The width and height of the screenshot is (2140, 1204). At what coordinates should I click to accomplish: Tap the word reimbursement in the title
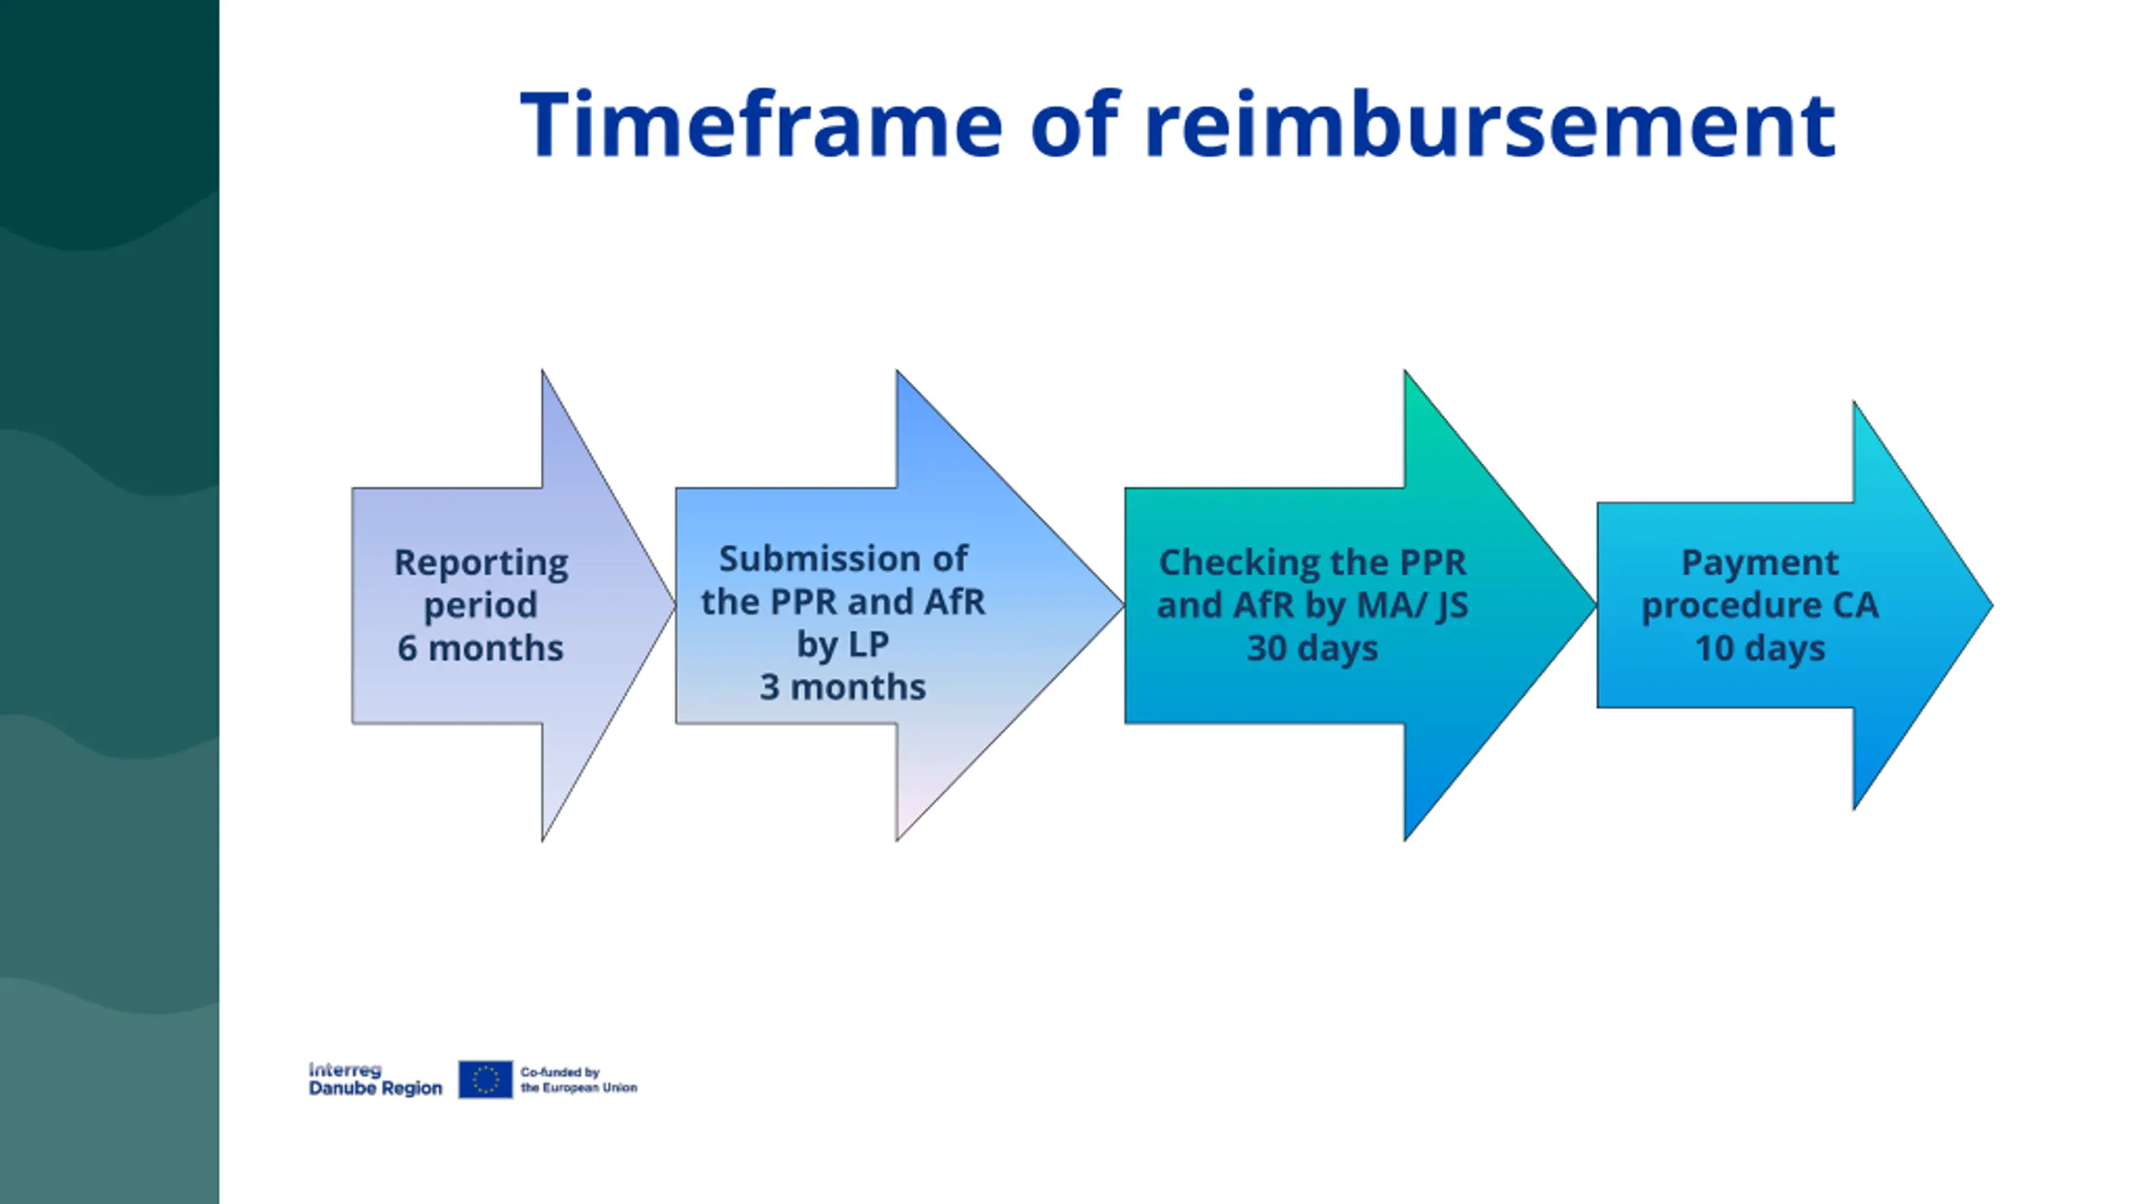click(1490, 125)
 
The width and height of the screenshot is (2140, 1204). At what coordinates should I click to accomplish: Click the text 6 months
click(480, 648)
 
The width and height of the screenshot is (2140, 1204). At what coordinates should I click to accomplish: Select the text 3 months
click(843, 687)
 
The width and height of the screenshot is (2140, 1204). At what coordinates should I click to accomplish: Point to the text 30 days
click(1312, 648)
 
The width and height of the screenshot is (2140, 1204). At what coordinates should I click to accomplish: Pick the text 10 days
click(1760, 648)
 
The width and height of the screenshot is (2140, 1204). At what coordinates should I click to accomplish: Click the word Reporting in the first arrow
click(481, 563)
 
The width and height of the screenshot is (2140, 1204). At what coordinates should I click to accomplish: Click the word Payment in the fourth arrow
click(1760, 563)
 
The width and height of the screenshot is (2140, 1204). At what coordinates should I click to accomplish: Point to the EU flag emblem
click(485, 1079)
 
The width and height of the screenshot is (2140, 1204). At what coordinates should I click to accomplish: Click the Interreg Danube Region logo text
click(374, 1079)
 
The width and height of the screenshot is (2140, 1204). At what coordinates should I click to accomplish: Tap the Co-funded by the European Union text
click(578, 1079)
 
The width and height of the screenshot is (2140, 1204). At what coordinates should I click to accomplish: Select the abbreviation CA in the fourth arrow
click(1856, 605)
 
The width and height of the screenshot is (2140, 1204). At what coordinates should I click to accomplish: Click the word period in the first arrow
click(480, 605)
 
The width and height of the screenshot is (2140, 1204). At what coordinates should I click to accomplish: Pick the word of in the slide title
click(1073, 125)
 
